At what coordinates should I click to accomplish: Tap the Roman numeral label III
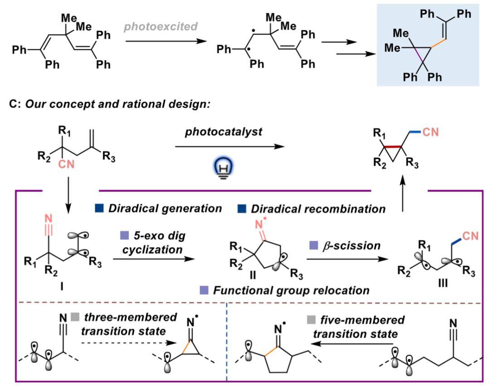pos(443,283)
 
